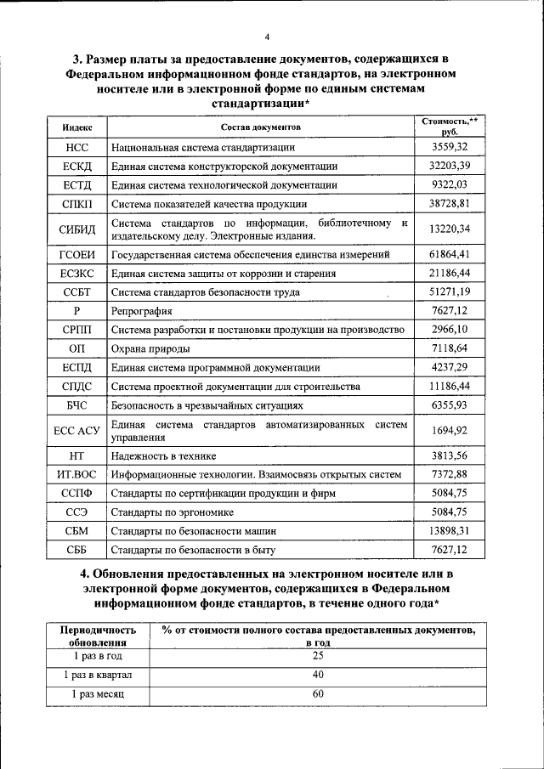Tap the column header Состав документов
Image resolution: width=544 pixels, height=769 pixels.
261,127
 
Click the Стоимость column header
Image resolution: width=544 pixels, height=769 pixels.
450,127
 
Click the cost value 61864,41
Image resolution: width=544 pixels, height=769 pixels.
450,253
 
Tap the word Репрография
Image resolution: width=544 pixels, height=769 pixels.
142,311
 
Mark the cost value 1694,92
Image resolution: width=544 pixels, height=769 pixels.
450,430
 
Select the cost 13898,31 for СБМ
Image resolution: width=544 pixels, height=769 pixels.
450,530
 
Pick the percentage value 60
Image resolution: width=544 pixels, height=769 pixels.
318,693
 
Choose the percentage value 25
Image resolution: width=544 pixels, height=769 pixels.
318,655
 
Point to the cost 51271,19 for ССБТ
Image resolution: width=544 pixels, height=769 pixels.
450,291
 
